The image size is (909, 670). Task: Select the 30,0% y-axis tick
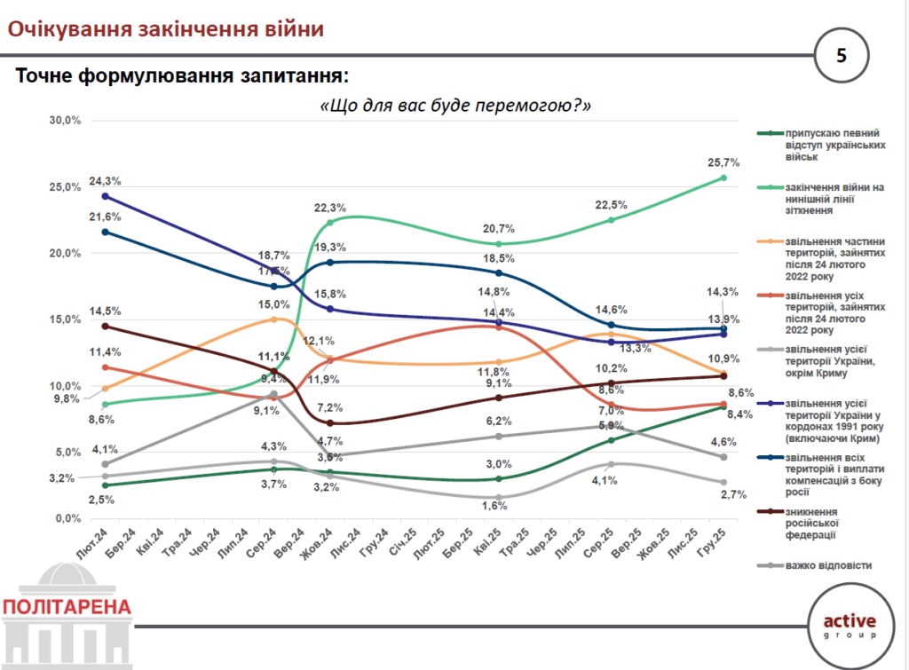[x=65, y=121]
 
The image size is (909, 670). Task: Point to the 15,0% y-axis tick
[x=65, y=319]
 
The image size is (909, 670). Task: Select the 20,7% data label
[x=500, y=229]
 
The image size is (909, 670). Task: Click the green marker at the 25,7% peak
[x=723, y=178]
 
